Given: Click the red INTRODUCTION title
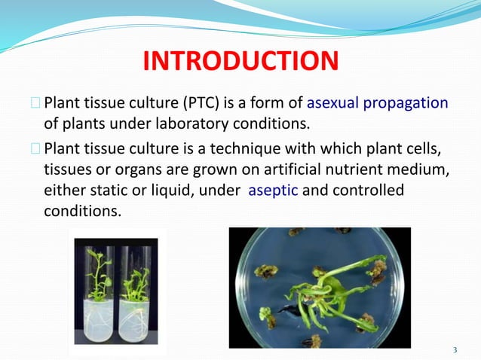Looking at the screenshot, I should (240, 60).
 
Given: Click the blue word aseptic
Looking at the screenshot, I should (273, 191).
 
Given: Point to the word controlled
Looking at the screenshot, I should (367, 191).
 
